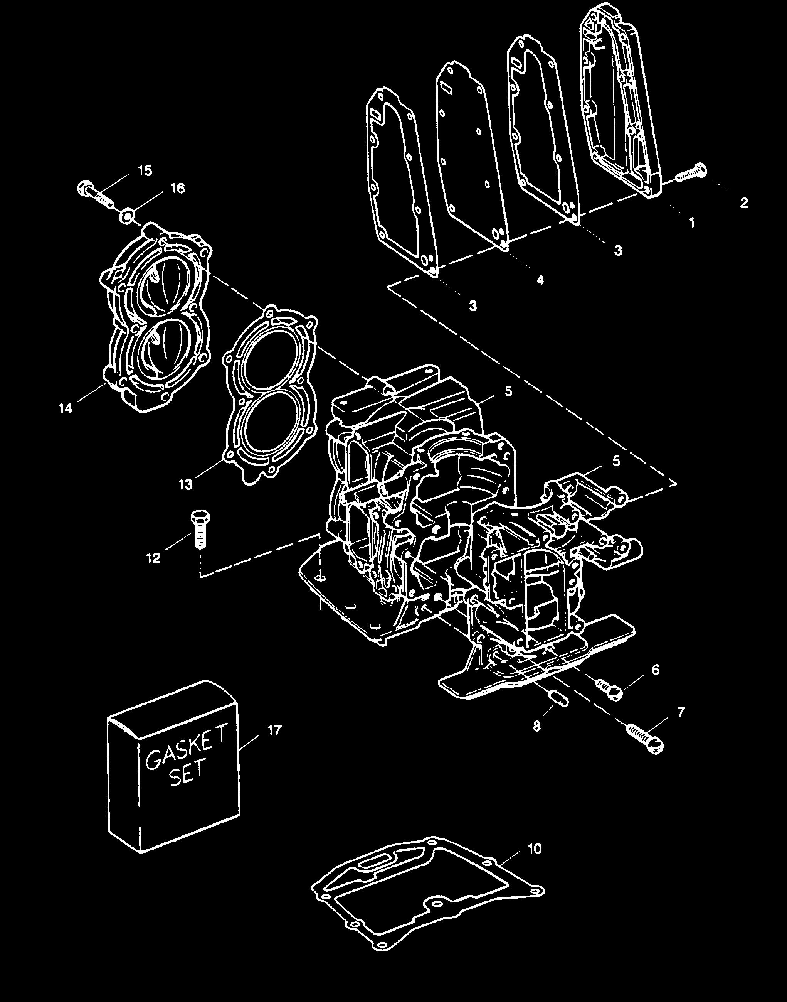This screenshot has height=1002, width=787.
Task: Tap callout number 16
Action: [177, 188]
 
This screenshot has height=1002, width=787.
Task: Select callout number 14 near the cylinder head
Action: [66, 408]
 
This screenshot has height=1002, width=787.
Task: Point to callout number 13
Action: [186, 485]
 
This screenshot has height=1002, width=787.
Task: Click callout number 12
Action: [153, 558]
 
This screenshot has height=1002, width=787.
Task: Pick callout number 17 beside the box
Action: [275, 731]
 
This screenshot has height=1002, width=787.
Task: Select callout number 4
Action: [540, 280]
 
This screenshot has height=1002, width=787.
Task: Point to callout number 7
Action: [681, 712]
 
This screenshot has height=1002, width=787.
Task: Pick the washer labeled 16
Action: [128, 215]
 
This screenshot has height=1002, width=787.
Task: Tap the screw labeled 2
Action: [691, 174]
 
